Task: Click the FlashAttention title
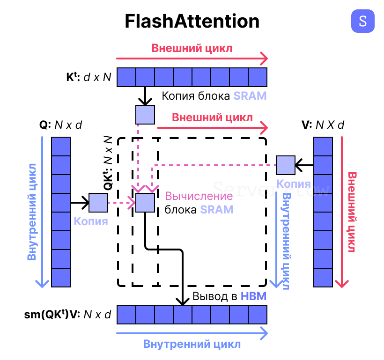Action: click(192, 22)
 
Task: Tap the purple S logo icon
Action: click(363, 21)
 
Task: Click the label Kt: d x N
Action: click(89, 77)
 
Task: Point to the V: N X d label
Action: click(323, 125)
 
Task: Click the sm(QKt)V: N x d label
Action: click(67, 315)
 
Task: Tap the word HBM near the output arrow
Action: click(253, 296)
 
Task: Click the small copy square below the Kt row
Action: click(145, 115)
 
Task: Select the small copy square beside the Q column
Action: click(98, 203)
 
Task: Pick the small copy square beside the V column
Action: click(285, 165)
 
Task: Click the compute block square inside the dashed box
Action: click(145, 203)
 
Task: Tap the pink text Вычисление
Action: click(199, 196)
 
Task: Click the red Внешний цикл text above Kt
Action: click(192, 48)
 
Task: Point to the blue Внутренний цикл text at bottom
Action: click(192, 344)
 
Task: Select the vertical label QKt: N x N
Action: click(108, 162)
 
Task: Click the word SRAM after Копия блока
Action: click(250, 96)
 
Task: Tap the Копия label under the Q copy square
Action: click(91, 221)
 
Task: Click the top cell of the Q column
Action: click(61, 146)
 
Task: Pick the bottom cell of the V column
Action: click(323, 277)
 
